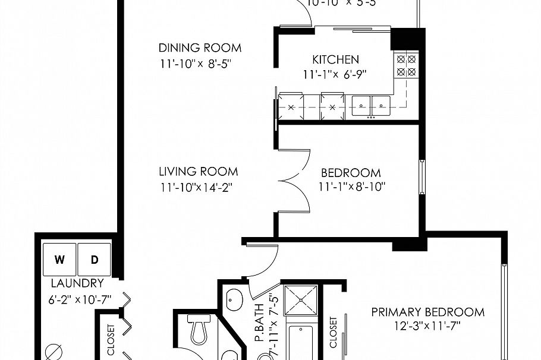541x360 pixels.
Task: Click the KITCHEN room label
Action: pyautogui.click(x=336, y=59)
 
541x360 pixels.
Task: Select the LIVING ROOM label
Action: pyautogui.click(x=198, y=172)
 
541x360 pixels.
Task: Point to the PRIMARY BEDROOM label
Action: pyautogui.click(x=427, y=312)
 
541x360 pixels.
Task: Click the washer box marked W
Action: pyautogui.click(x=59, y=260)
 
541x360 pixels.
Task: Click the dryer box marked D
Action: pyautogui.click(x=94, y=260)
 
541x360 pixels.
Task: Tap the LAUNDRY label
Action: pyautogui.click(x=77, y=283)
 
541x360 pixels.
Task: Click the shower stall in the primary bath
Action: pyautogui.click(x=301, y=300)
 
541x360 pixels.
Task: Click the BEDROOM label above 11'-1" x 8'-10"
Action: pyautogui.click(x=351, y=173)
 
